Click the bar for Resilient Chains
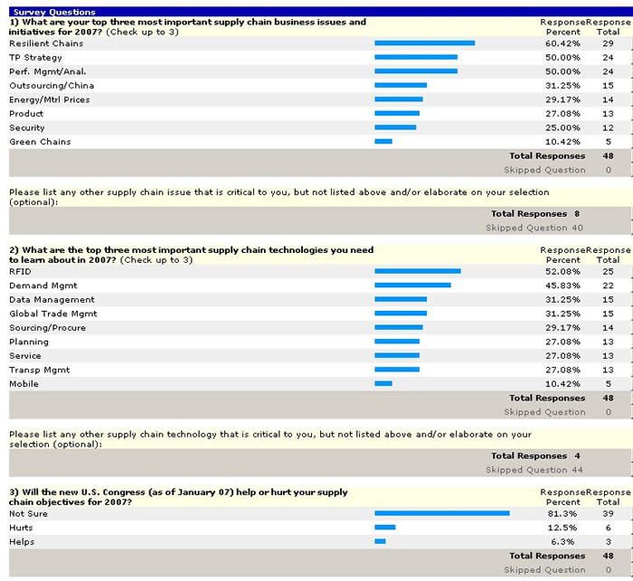pyautogui.click(x=424, y=42)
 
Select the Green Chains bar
pyautogui.click(x=383, y=141)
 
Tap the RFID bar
pyautogui.click(x=417, y=271)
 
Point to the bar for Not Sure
pyautogui.click(x=441, y=512)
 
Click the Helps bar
pyautogui.click(x=380, y=541)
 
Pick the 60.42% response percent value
pyautogui.click(x=562, y=43)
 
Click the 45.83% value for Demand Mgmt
pyautogui.click(x=562, y=286)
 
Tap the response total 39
pyautogui.click(x=608, y=513)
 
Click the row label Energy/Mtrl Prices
pyautogui.click(x=49, y=99)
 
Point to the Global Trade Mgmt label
pyautogui.click(x=52, y=314)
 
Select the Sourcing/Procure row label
pyautogui.click(x=46, y=328)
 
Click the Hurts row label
pyautogui.click(x=21, y=528)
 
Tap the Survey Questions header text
pyautogui.click(x=53, y=12)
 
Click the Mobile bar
pyautogui.click(x=383, y=384)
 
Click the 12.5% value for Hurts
pyautogui.click(x=564, y=528)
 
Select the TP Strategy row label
pyautogui.click(x=35, y=57)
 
